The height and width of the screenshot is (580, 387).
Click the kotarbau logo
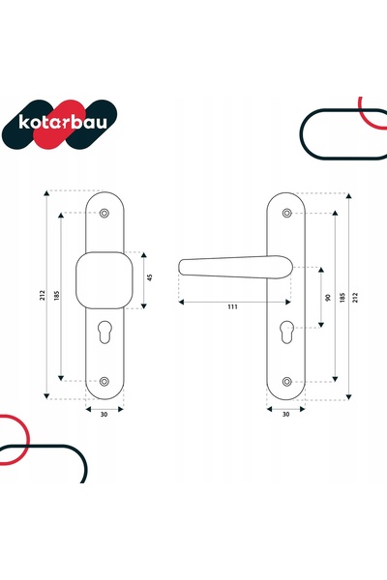(x=60, y=125)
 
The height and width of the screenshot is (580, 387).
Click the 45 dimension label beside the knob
(x=150, y=277)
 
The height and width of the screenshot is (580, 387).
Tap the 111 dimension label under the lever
(x=232, y=306)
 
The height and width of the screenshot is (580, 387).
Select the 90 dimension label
(x=327, y=297)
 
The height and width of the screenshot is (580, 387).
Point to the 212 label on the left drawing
(x=43, y=295)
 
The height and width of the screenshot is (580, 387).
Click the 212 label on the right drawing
(x=355, y=298)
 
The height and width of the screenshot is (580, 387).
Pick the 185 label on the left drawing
(x=57, y=295)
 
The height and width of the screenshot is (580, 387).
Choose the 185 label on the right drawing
(x=342, y=298)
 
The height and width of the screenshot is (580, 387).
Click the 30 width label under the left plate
(x=104, y=415)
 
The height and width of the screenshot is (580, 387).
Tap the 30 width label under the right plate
(x=286, y=415)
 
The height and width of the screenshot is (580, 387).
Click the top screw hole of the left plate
(x=104, y=213)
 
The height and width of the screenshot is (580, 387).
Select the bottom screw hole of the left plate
(x=104, y=382)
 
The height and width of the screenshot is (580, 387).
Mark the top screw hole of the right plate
(x=286, y=213)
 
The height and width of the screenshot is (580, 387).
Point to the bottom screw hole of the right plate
(x=286, y=382)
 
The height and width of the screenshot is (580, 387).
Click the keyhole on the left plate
(x=104, y=332)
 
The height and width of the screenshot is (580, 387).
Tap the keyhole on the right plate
(x=286, y=332)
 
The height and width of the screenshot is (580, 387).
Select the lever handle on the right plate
(x=235, y=267)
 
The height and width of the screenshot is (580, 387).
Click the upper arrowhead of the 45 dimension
(x=144, y=255)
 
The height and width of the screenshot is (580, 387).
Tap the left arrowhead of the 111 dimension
(x=181, y=303)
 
